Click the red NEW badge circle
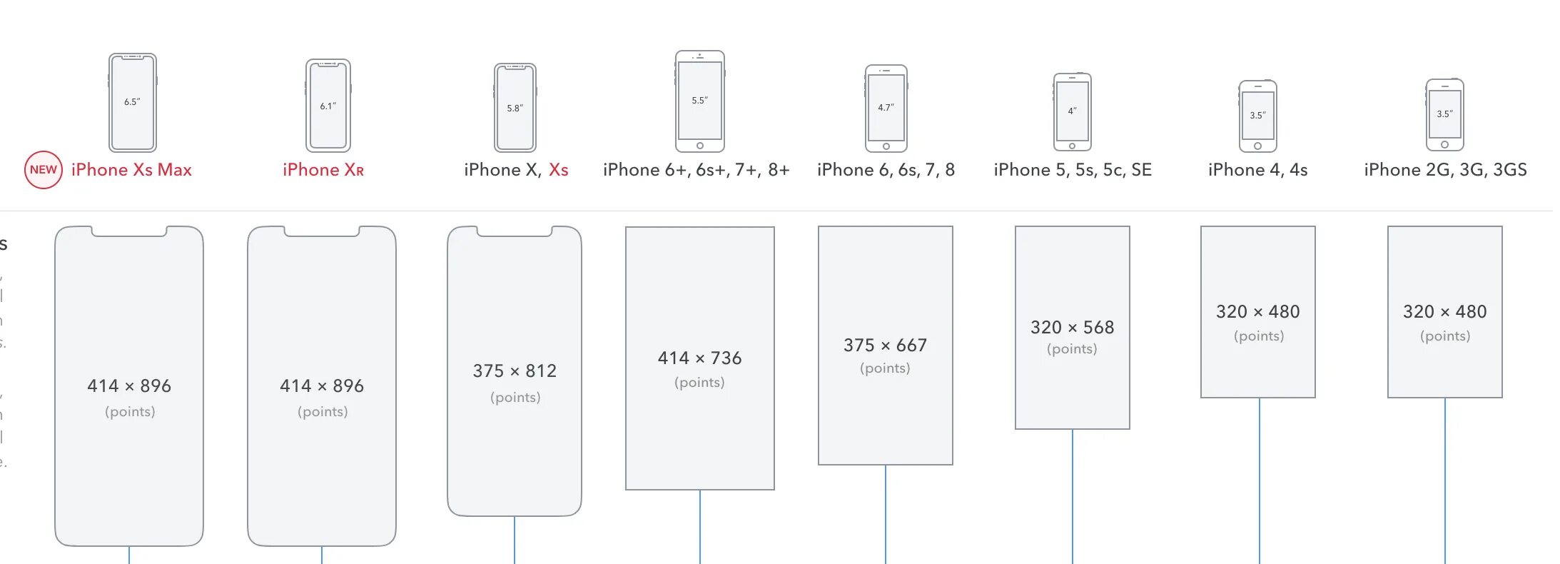(x=44, y=170)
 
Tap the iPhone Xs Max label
(x=131, y=170)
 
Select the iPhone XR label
(x=323, y=170)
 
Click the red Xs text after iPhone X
(x=558, y=170)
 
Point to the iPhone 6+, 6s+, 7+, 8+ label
(x=696, y=170)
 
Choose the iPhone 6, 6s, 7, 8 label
(x=886, y=170)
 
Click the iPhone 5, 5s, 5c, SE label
(x=1073, y=170)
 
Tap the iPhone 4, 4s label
(x=1257, y=170)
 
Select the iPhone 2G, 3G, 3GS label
(x=1445, y=170)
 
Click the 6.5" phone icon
(x=133, y=102)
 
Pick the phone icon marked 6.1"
(x=328, y=106)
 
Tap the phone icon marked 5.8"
(x=515, y=108)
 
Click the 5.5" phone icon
(x=699, y=101)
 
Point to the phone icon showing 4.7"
(x=886, y=108)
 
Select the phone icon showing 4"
(x=1072, y=111)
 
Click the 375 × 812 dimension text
(x=515, y=371)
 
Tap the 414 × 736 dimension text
(x=699, y=358)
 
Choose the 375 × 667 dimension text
(x=885, y=346)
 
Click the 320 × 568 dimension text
(x=1072, y=328)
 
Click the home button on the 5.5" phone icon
(x=700, y=146)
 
